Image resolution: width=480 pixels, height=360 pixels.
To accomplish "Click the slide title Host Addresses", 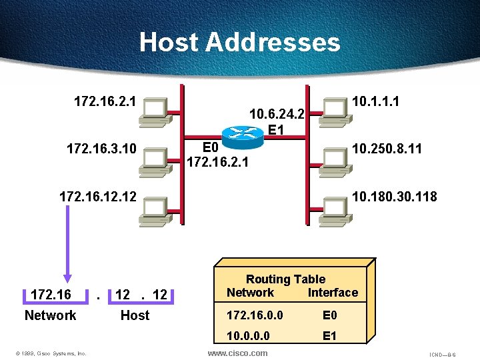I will click(239, 43).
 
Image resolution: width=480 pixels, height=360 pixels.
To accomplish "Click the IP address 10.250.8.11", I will click(387, 148).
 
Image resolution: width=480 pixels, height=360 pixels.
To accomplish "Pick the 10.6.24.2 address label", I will click(276, 114).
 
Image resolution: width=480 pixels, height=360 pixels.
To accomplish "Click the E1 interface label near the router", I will click(277, 129).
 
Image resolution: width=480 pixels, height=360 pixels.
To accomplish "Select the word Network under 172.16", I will click(50, 315).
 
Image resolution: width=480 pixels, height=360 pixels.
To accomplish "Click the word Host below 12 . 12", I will click(135, 315).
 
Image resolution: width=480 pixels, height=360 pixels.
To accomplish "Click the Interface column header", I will click(333, 293).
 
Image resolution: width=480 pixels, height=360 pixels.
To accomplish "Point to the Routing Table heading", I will click(285, 279).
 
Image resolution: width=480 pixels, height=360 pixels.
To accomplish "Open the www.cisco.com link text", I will click(238, 353).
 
